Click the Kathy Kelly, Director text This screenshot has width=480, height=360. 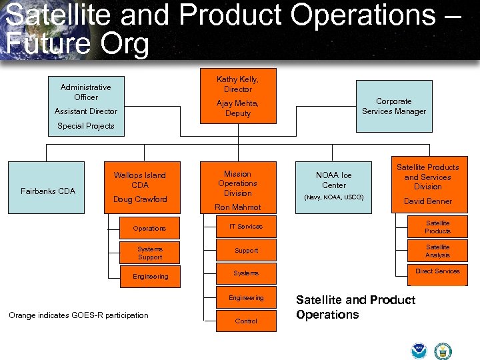point(237,84)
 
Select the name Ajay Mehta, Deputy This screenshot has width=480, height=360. point(237,108)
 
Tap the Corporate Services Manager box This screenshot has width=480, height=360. point(393,107)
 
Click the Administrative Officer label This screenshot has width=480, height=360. point(85,92)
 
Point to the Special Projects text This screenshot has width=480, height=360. point(85,126)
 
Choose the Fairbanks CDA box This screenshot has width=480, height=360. point(48,191)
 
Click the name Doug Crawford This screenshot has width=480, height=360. point(140,199)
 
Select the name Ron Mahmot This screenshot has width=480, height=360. point(237,207)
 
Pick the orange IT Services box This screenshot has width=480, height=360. point(246,227)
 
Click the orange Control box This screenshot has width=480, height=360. point(246,321)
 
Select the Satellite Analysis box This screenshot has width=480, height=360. point(437,251)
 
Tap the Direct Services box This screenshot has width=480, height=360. point(437,272)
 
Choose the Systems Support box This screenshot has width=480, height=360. point(150,253)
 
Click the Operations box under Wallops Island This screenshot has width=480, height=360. point(150,229)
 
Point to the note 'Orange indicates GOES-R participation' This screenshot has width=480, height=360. point(79,315)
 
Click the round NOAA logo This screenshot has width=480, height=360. point(419,351)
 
